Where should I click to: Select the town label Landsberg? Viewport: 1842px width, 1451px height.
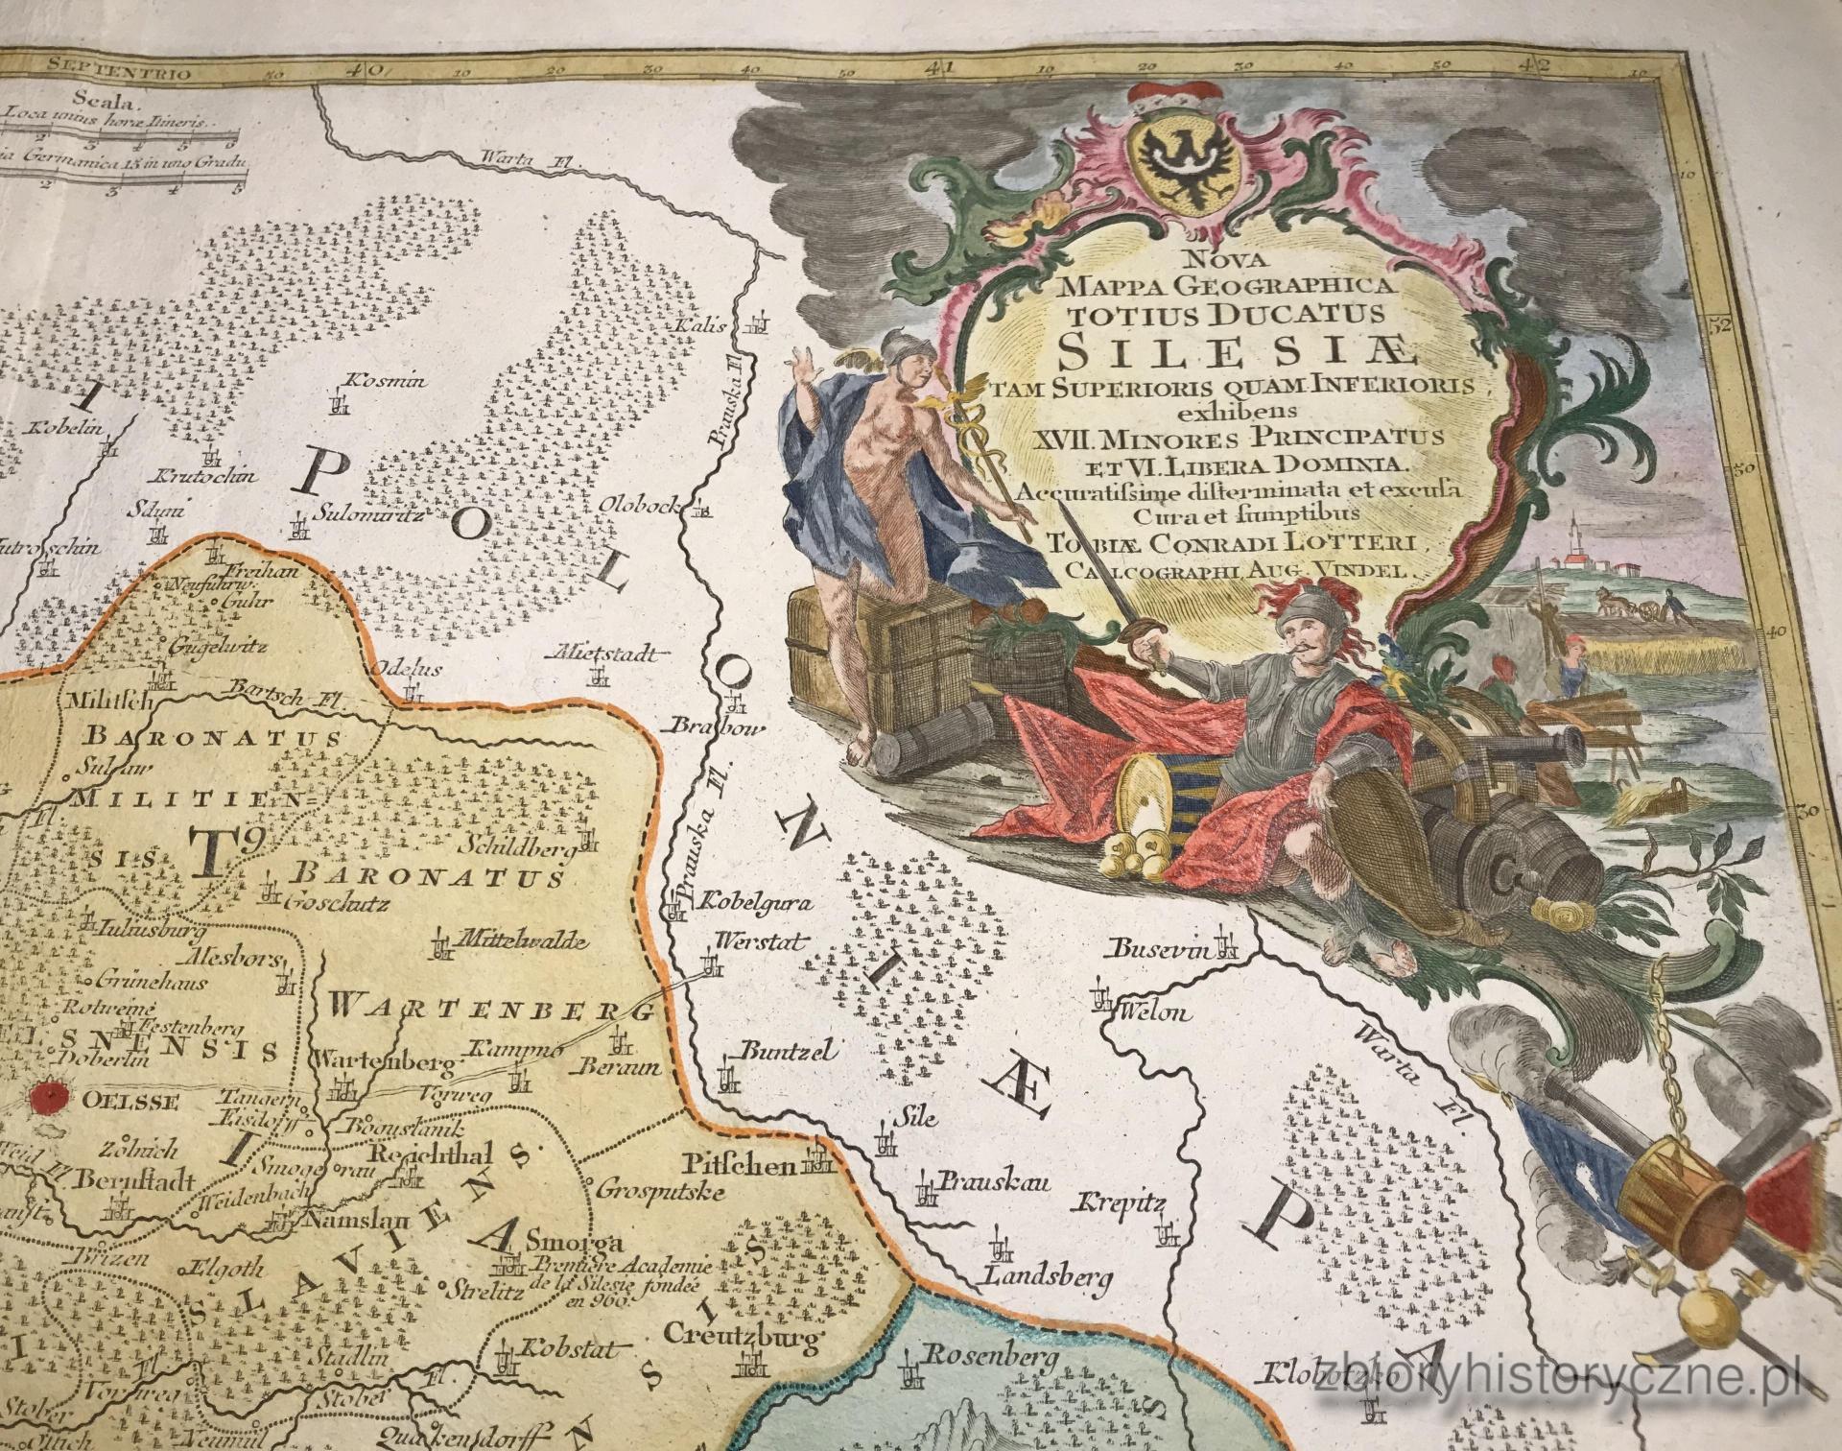(x=1046, y=1277)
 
